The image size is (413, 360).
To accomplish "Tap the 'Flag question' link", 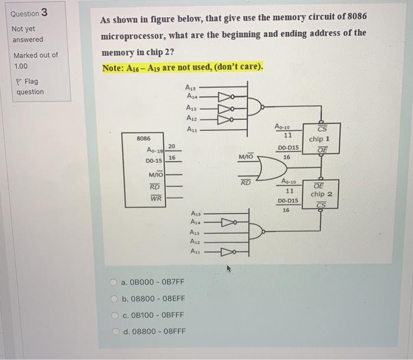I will tap(29, 86).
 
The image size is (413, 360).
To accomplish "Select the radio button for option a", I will tap(113, 283).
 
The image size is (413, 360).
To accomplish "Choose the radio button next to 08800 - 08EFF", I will tap(113, 299).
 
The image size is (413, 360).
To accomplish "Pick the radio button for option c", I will tap(113, 315).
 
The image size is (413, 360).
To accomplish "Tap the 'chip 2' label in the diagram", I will tap(322, 194).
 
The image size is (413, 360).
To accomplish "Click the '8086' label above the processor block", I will tap(143, 138).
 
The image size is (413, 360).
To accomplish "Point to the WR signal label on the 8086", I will tap(156, 199).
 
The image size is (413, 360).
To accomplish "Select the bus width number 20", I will tap(171, 146).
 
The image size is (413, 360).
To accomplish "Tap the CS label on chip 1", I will tap(322, 130).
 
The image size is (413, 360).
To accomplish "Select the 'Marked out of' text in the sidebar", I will tap(35, 55).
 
